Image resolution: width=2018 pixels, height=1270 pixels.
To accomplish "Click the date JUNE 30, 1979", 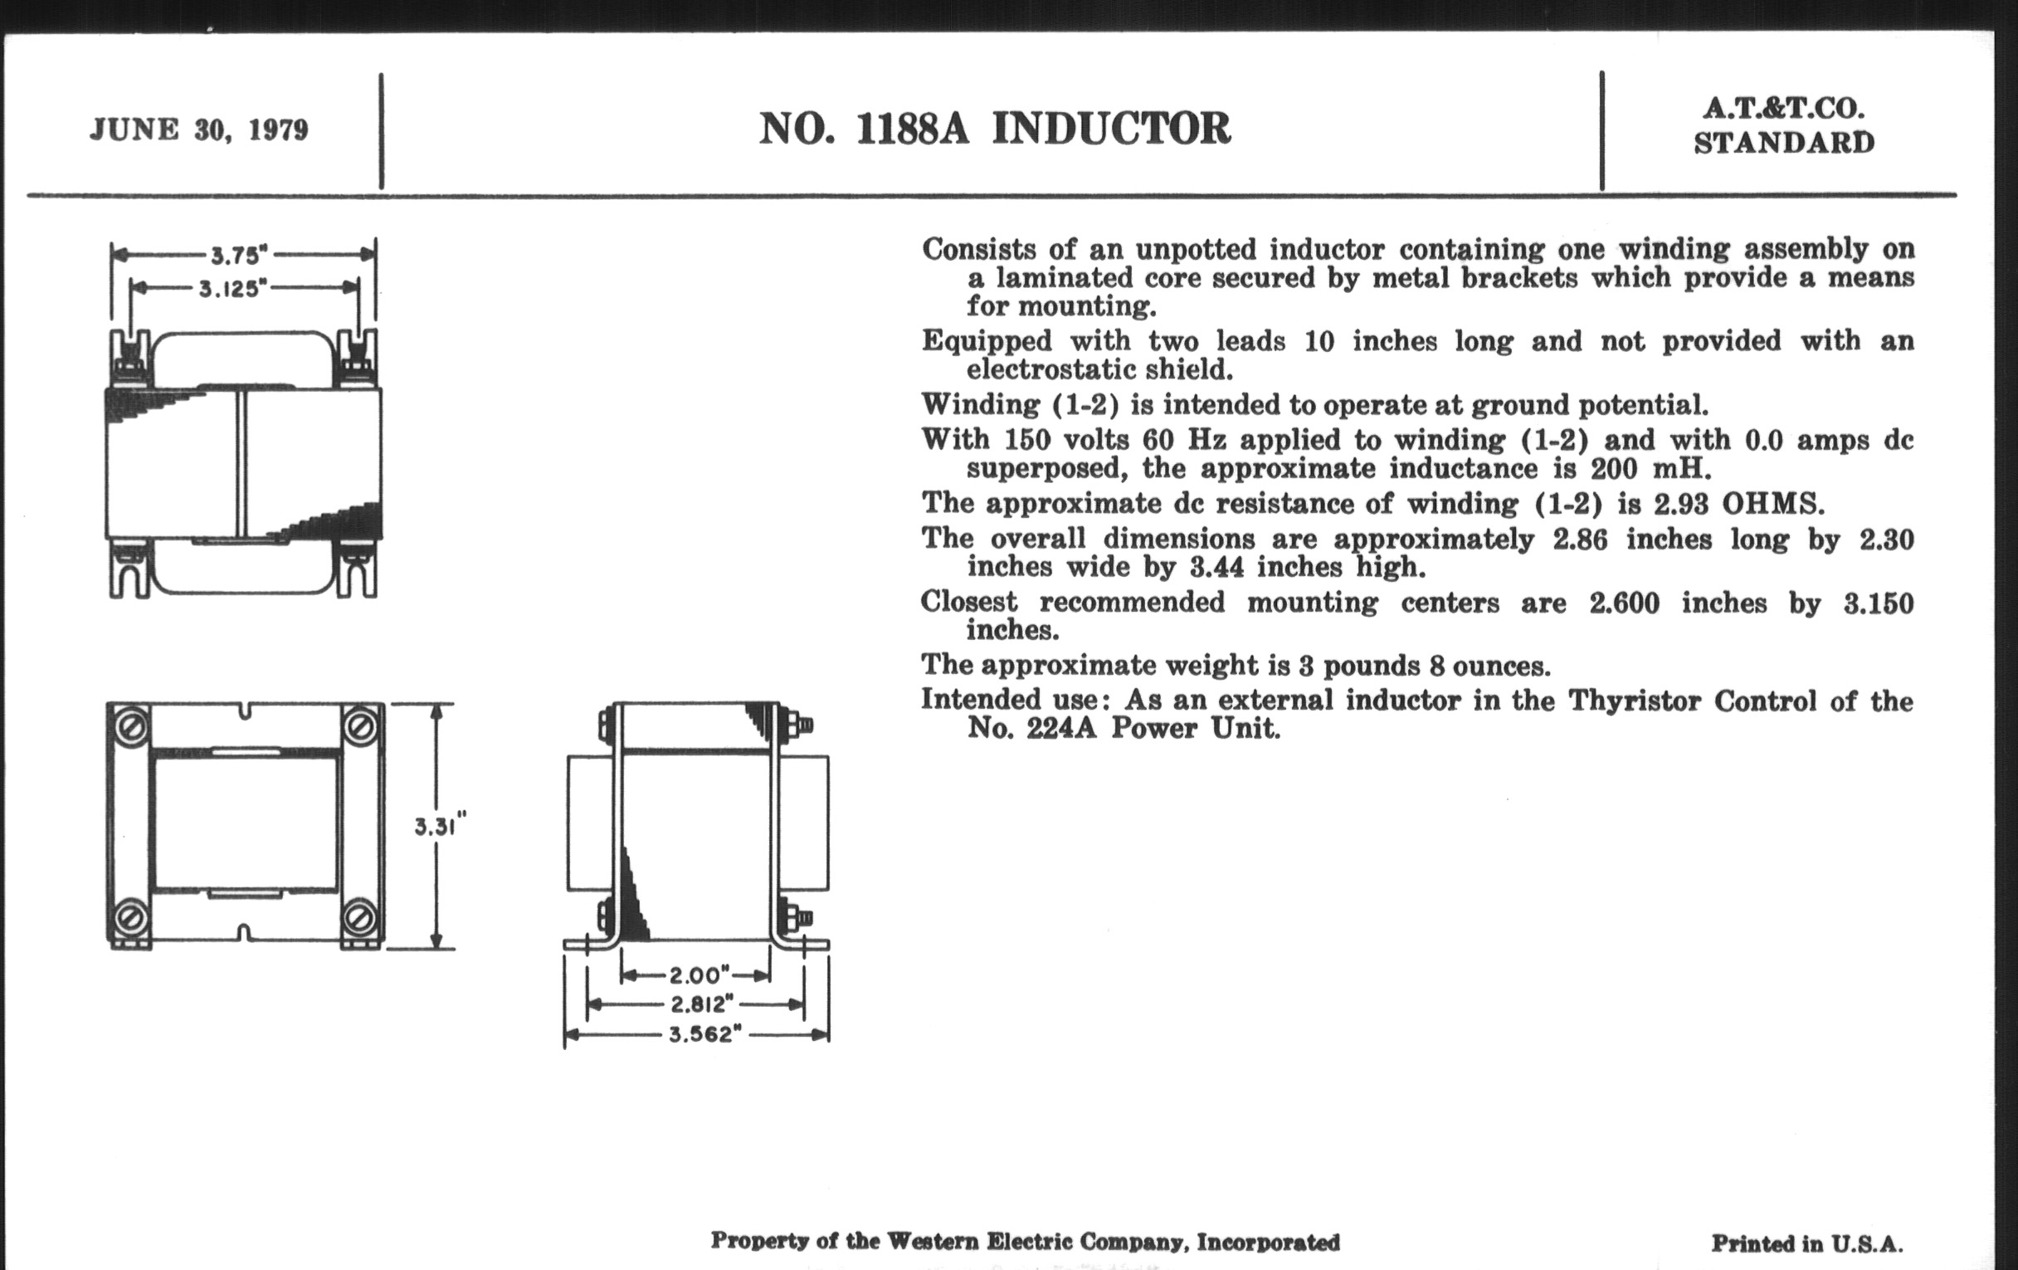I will point(198,130).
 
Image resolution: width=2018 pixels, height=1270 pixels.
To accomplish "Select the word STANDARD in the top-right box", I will point(1784,144).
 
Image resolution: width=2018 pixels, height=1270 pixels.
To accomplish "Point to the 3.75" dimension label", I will point(238,254).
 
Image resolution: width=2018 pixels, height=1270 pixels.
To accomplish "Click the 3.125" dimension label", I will point(232,289).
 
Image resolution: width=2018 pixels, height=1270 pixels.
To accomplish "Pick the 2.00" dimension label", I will point(695,975).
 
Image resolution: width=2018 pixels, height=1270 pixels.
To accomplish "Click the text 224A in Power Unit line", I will point(1061,728).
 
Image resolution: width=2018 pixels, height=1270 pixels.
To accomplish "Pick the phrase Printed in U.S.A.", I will point(1806,1243).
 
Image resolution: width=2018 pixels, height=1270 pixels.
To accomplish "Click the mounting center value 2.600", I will point(1623,603).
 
